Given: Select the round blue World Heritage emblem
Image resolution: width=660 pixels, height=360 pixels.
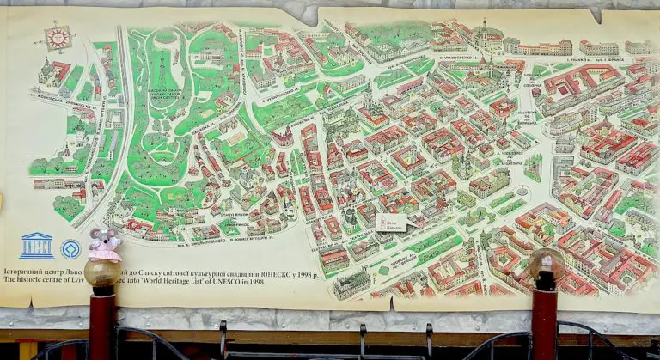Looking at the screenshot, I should (70, 249).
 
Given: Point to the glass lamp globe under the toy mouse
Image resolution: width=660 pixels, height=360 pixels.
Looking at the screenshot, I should (102, 272).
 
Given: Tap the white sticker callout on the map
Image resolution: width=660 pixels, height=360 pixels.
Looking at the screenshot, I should (391, 223).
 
